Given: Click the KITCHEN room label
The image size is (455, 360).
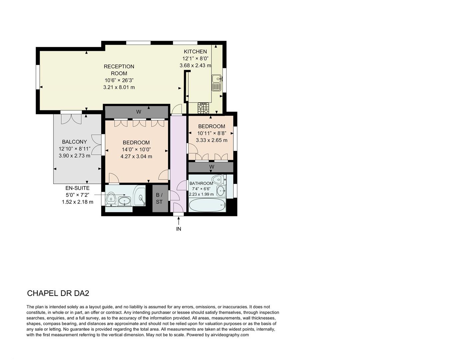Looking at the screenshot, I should [195, 52].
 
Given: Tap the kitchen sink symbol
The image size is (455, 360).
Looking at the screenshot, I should [216, 83].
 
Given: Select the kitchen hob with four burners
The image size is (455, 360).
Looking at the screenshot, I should [204, 108].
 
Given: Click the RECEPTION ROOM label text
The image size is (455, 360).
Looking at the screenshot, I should [119, 70].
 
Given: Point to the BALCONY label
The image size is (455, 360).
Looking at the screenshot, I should [74, 142].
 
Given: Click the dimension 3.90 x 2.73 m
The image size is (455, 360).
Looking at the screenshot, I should [74, 156].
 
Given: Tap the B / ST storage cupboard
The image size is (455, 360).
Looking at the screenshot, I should [159, 198].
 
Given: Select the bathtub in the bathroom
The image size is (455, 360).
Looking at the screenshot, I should [207, 205].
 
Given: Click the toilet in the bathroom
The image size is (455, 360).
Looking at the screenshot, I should [218, 179].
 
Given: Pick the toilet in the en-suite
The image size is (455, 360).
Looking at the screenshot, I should [111, 199].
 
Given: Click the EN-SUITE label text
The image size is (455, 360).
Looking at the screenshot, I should [77, 188].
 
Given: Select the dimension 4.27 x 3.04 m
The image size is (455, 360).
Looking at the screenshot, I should [136, 156].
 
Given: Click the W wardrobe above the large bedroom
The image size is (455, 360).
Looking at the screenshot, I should [139, 112].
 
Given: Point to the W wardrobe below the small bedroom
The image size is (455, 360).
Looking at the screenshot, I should [212, 167].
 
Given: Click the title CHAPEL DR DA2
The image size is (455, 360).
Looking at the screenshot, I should [58, 293].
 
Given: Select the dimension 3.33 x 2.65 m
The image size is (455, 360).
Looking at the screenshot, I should [212, 140].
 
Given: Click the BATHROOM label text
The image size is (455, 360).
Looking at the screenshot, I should [201, 183].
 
